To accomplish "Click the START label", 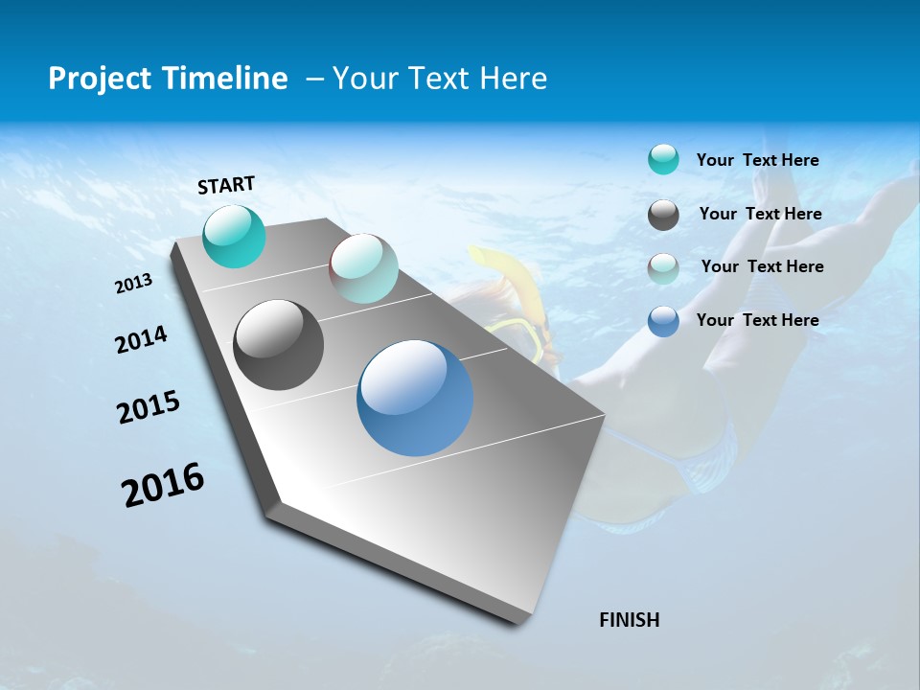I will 226,185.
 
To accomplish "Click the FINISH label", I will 629,620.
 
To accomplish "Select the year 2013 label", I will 134,284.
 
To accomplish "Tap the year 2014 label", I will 142,340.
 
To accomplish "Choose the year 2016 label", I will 163,484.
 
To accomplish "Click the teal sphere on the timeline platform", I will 235,237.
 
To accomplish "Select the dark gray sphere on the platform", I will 278,345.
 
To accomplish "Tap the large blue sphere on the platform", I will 415,398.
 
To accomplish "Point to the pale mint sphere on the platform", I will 363,268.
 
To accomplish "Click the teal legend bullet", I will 663,160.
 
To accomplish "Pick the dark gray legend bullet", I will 663,215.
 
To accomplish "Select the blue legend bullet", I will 663,321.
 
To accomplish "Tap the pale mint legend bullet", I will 663,268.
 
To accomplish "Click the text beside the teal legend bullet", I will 757,160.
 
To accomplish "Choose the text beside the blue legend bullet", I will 757,320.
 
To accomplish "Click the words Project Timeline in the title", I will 168,79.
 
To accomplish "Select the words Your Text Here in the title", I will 440,79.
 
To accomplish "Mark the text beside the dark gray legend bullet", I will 760,214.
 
